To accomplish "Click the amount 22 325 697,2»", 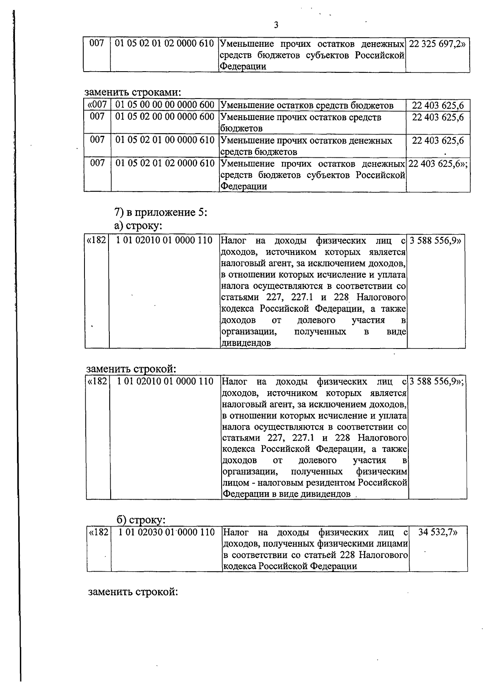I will [x=437, y=43].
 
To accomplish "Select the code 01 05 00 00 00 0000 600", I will [x=165, y=105].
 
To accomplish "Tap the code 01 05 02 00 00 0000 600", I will [x=165, y=117].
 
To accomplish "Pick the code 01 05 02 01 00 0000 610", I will [x=165, y=140].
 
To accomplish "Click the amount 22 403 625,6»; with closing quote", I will [x=438, y=164].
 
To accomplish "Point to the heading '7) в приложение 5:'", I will [x=160, y=213].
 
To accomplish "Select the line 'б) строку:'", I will [x=141, y=519].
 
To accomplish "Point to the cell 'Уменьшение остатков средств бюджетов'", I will [x=307, y=106].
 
